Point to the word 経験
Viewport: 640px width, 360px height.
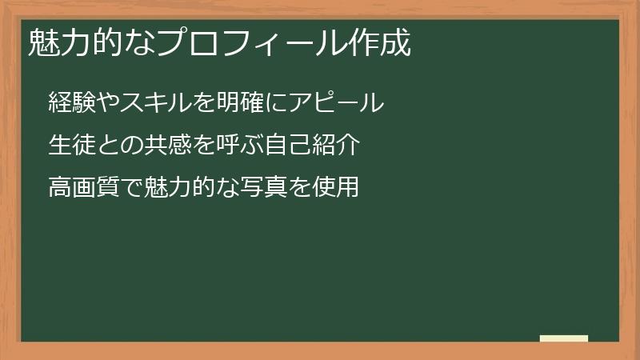[x=70, y=103]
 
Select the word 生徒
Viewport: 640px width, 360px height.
[x=70, y=146]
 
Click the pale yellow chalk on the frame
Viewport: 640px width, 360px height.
[x=564, y=339]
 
